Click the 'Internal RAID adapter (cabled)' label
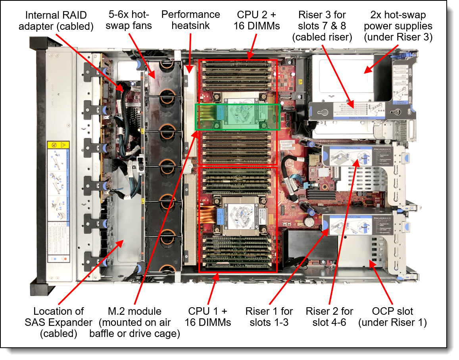tap(59, 21)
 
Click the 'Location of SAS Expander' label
tap(58, 322)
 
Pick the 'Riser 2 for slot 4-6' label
tap(329, 316)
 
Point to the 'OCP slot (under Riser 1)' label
tap(392, 316)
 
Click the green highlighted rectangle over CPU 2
tap(238, 117)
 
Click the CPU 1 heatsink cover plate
tap(240, 216)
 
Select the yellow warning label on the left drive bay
tap(58, 145)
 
